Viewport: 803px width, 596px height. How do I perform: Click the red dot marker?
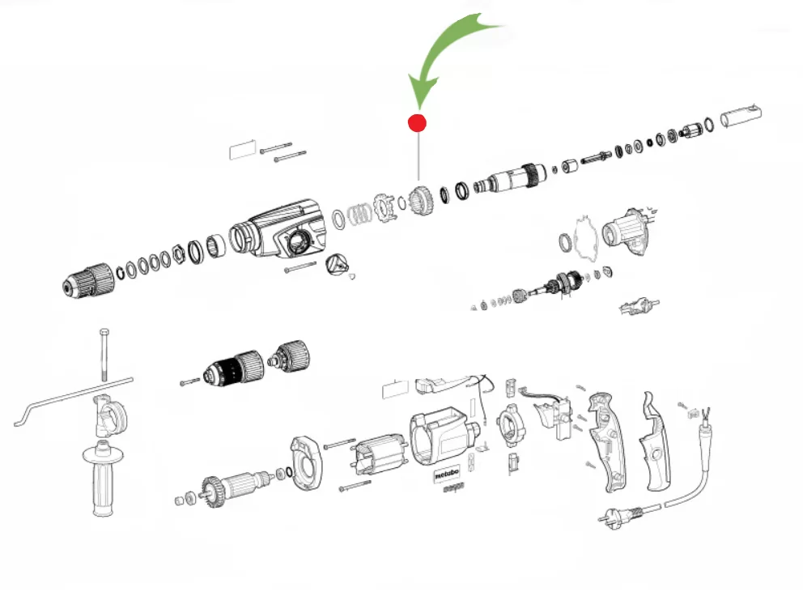click(x=417, y=123)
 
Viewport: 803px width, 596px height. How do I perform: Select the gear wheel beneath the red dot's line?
click(x=419, y=200)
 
